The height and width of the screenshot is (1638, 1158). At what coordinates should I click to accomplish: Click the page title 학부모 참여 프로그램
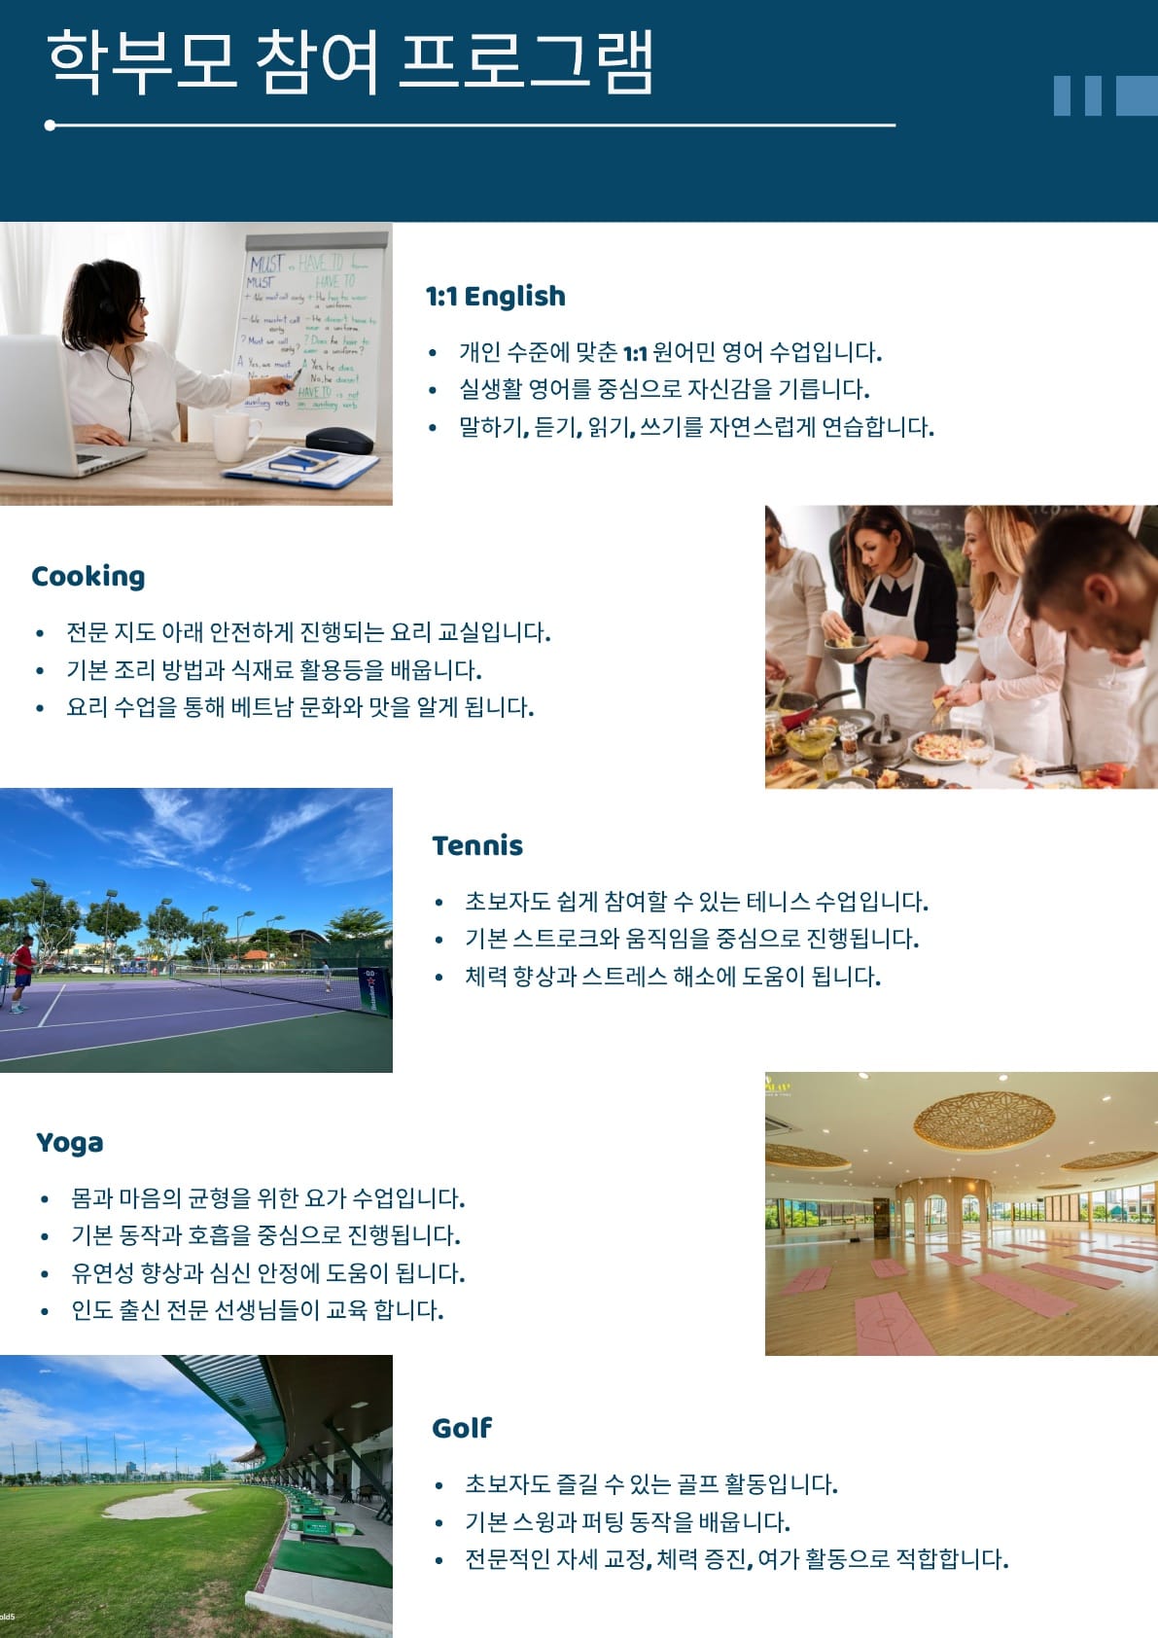tap(349, 62)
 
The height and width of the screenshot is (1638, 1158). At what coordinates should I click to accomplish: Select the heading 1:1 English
tap(496, 296)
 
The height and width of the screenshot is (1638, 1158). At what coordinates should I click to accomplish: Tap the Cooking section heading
tap(88, 576)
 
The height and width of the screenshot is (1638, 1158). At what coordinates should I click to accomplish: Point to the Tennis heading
tap(477, 845)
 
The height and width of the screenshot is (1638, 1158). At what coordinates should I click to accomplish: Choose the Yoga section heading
tap(70, 1143)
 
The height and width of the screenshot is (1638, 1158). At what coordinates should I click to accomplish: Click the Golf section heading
tap(462, 1427)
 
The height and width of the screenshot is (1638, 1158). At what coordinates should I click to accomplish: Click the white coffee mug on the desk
tap(234, 437)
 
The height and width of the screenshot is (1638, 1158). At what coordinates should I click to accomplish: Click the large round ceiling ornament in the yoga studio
tap(984, 1118)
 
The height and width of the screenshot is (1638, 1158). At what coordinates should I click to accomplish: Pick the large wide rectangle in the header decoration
tap(1137, 95)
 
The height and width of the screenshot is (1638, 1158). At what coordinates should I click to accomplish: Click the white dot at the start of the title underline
tap(50, 125)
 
